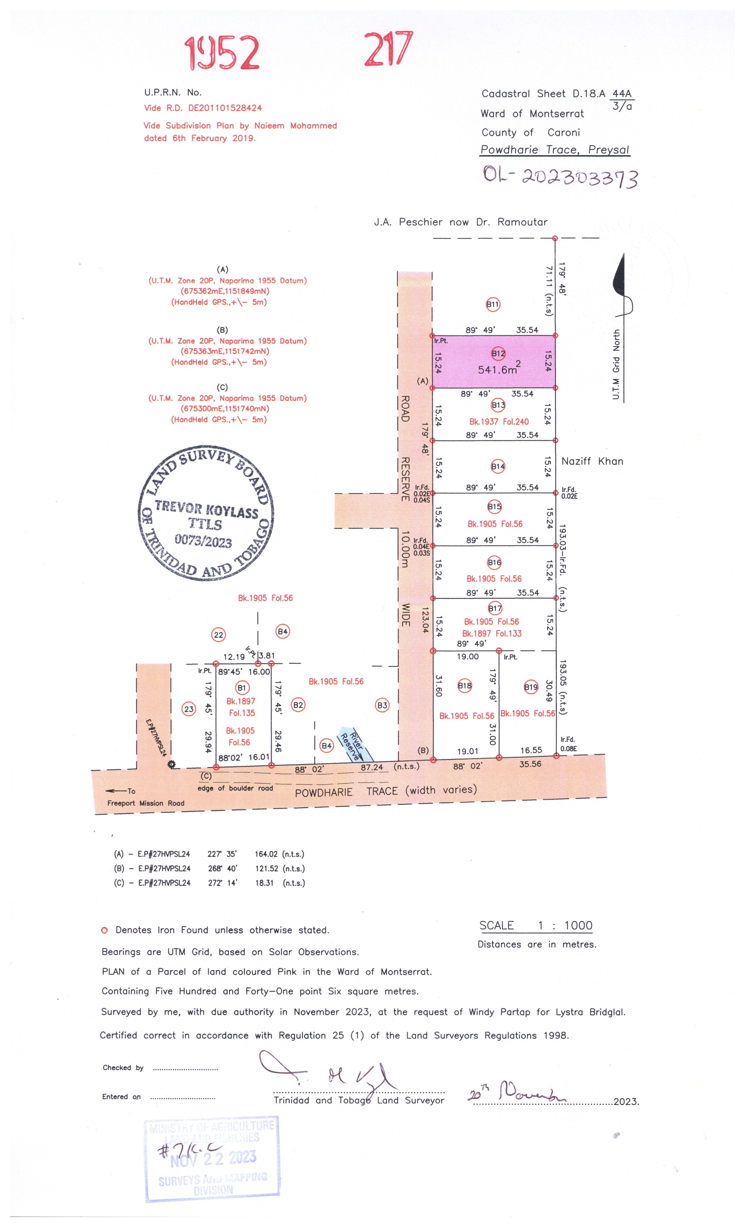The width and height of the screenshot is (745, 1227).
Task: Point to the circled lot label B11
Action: click(493, 304)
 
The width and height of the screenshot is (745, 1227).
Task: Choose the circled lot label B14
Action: click(498, 466)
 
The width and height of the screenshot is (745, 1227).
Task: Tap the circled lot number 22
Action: click(219, 635)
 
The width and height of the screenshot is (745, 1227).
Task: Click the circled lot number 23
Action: click(189, 709)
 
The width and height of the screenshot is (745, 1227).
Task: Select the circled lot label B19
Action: click(531, 687)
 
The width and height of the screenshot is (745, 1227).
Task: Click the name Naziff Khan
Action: click(592, 461)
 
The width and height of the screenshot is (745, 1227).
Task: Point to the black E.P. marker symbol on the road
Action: click(172, 764)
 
